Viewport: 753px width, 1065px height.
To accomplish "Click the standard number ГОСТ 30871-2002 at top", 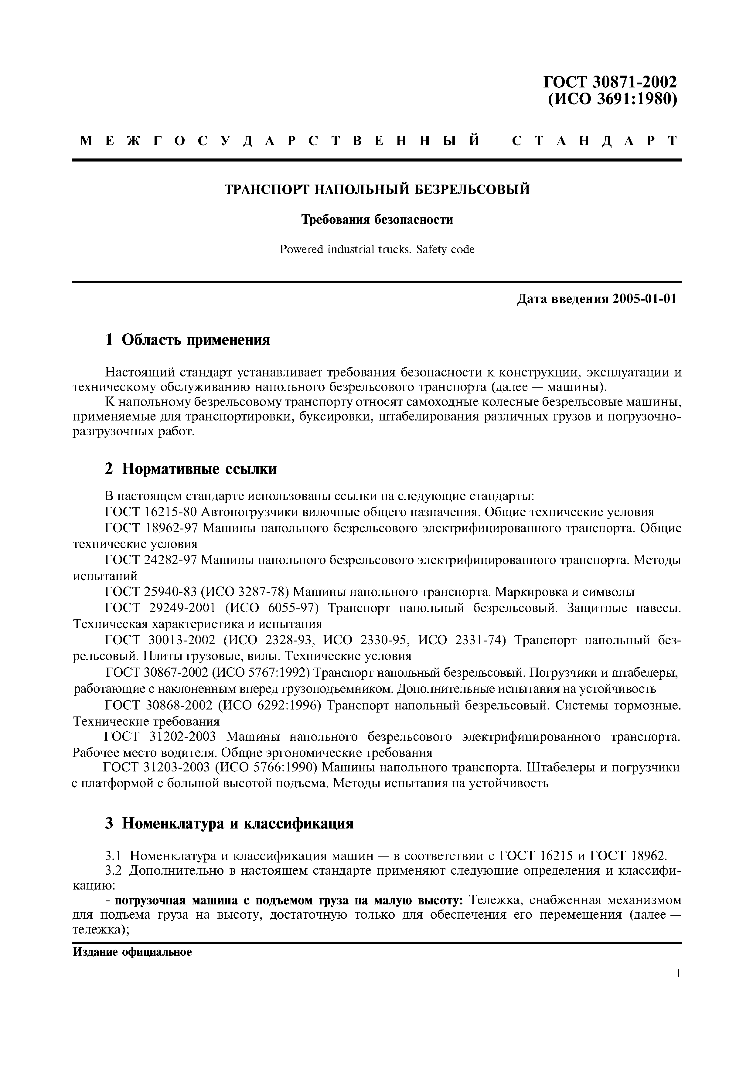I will pos(610,82).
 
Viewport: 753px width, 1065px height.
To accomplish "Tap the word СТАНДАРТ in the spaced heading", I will pos(595,141).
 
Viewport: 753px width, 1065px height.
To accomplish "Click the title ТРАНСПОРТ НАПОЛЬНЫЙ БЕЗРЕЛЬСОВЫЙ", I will pos(377,190).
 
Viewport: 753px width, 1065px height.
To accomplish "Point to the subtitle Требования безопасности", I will pos(377,219).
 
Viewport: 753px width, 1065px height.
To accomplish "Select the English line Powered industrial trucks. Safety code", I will pos(377,250).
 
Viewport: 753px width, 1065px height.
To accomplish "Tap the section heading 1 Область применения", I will pos(187,340).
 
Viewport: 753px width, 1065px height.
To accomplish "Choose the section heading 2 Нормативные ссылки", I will pos(191,469).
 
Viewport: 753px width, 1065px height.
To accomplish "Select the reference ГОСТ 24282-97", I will pos(151,560).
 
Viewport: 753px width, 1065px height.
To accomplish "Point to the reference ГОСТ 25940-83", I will pos(151,592).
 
